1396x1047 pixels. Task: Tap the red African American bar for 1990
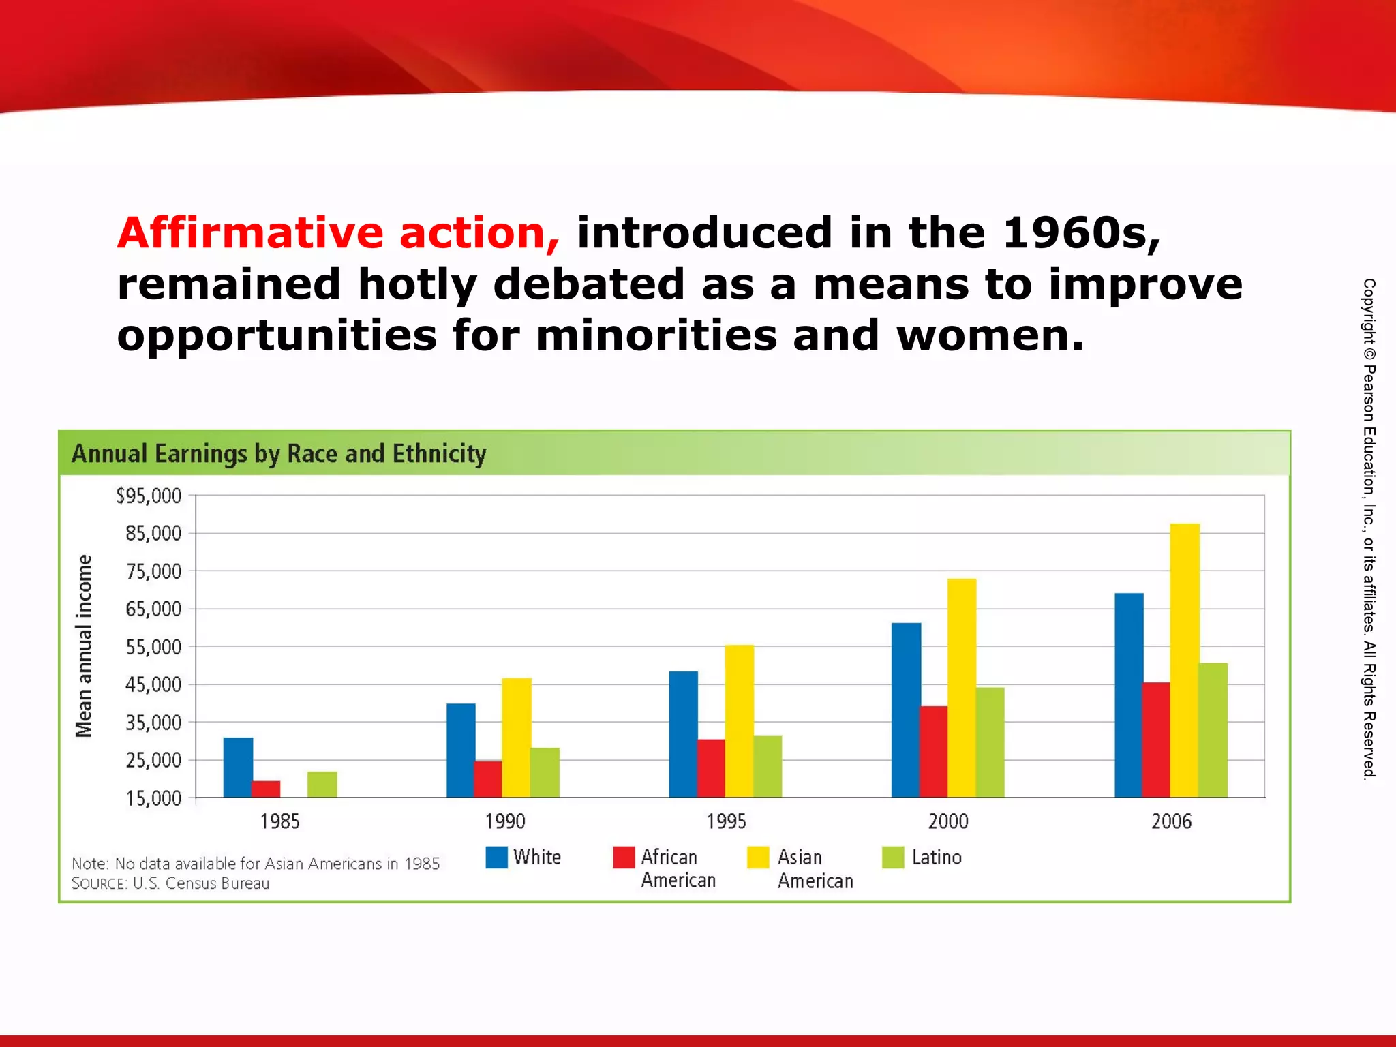click(487, 778)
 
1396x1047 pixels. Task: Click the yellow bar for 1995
click(740, 720)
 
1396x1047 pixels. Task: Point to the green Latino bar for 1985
click(322, 784)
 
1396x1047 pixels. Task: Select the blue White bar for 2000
click(906, 710)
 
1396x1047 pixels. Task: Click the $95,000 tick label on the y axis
click(149, 496)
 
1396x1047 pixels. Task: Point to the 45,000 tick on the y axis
click(153, 684)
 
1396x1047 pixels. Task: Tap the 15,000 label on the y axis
click(153, 798)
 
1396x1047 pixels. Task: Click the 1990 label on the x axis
click(504, 821)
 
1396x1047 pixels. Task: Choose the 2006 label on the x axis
click(1171, 821)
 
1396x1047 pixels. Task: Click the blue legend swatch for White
click(496, 857)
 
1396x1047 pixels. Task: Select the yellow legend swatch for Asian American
click(757, 857)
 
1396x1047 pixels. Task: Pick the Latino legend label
click(937, 857)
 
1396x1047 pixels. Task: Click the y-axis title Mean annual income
click(83, 646)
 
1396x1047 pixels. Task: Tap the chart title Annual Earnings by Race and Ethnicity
click(279, 453)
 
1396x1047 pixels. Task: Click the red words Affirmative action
click(339, 233)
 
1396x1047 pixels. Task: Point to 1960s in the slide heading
click(1081, 233)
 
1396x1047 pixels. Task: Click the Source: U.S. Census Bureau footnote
click(170, 883)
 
